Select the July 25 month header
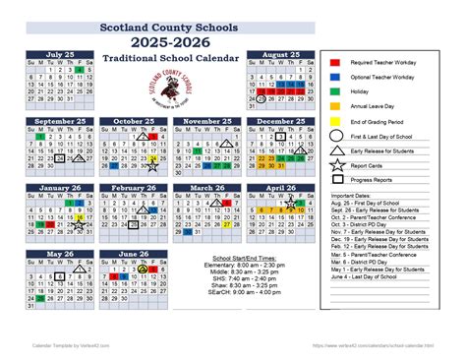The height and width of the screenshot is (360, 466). pos(59,55)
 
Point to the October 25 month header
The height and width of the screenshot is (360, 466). pos(135,121)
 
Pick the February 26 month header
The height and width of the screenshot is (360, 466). pos(135,188)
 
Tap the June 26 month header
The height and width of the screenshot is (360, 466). pos(135,255)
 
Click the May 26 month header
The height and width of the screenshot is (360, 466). pos(59,255)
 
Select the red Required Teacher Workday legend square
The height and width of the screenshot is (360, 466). pos(335,61)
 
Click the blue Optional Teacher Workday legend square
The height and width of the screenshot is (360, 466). pos(335,76)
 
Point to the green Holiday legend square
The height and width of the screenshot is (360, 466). pos(335,91)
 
